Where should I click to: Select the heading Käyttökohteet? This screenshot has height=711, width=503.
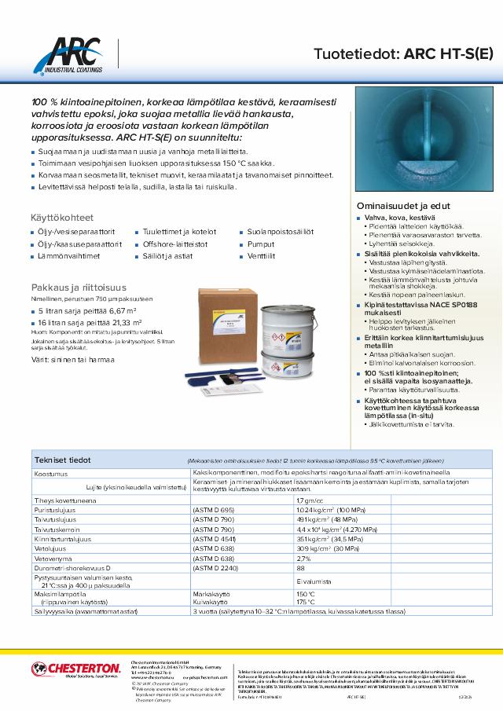click(x=62, y=216)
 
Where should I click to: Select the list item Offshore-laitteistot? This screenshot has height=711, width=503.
click(x=175, y=244)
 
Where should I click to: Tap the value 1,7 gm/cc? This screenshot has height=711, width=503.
click(x=310, y=500)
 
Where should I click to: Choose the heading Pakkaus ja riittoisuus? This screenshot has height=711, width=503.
click(x=80, y=288)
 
